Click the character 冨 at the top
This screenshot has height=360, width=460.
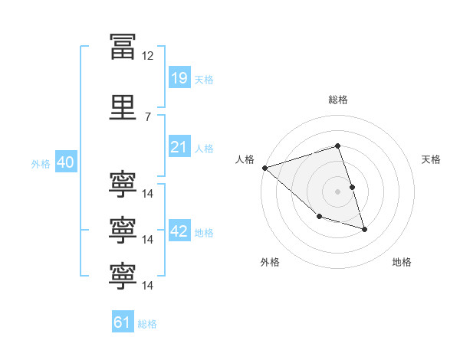coord(122,45)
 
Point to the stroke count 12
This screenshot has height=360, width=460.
coord(147,56)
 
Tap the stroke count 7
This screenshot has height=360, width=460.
coord(147,116)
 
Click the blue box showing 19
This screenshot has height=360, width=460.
coord(179,77)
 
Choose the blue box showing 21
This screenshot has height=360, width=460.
coord(179,146)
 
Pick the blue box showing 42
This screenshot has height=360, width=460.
coord(179,231)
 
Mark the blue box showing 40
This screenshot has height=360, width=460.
coord(64,162)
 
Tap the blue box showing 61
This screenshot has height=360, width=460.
coord(123,322)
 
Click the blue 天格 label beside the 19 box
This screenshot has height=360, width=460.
coord(204,79)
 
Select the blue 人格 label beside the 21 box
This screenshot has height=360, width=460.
coord(204,148)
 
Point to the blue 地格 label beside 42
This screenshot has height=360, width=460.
coord(204,233)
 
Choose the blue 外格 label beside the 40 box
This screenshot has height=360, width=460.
coord(41,163)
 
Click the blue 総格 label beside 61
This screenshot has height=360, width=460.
coord(147,324)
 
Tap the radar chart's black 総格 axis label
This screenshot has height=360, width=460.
coord(337,100)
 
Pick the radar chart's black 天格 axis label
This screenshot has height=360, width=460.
coord(432,159)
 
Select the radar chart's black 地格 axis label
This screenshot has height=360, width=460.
coord(402,262)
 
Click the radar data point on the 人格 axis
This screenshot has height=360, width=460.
coord(264,167)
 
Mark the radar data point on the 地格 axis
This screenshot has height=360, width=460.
coord(364,228)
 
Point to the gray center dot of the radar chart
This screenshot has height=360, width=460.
coord(337,191)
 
